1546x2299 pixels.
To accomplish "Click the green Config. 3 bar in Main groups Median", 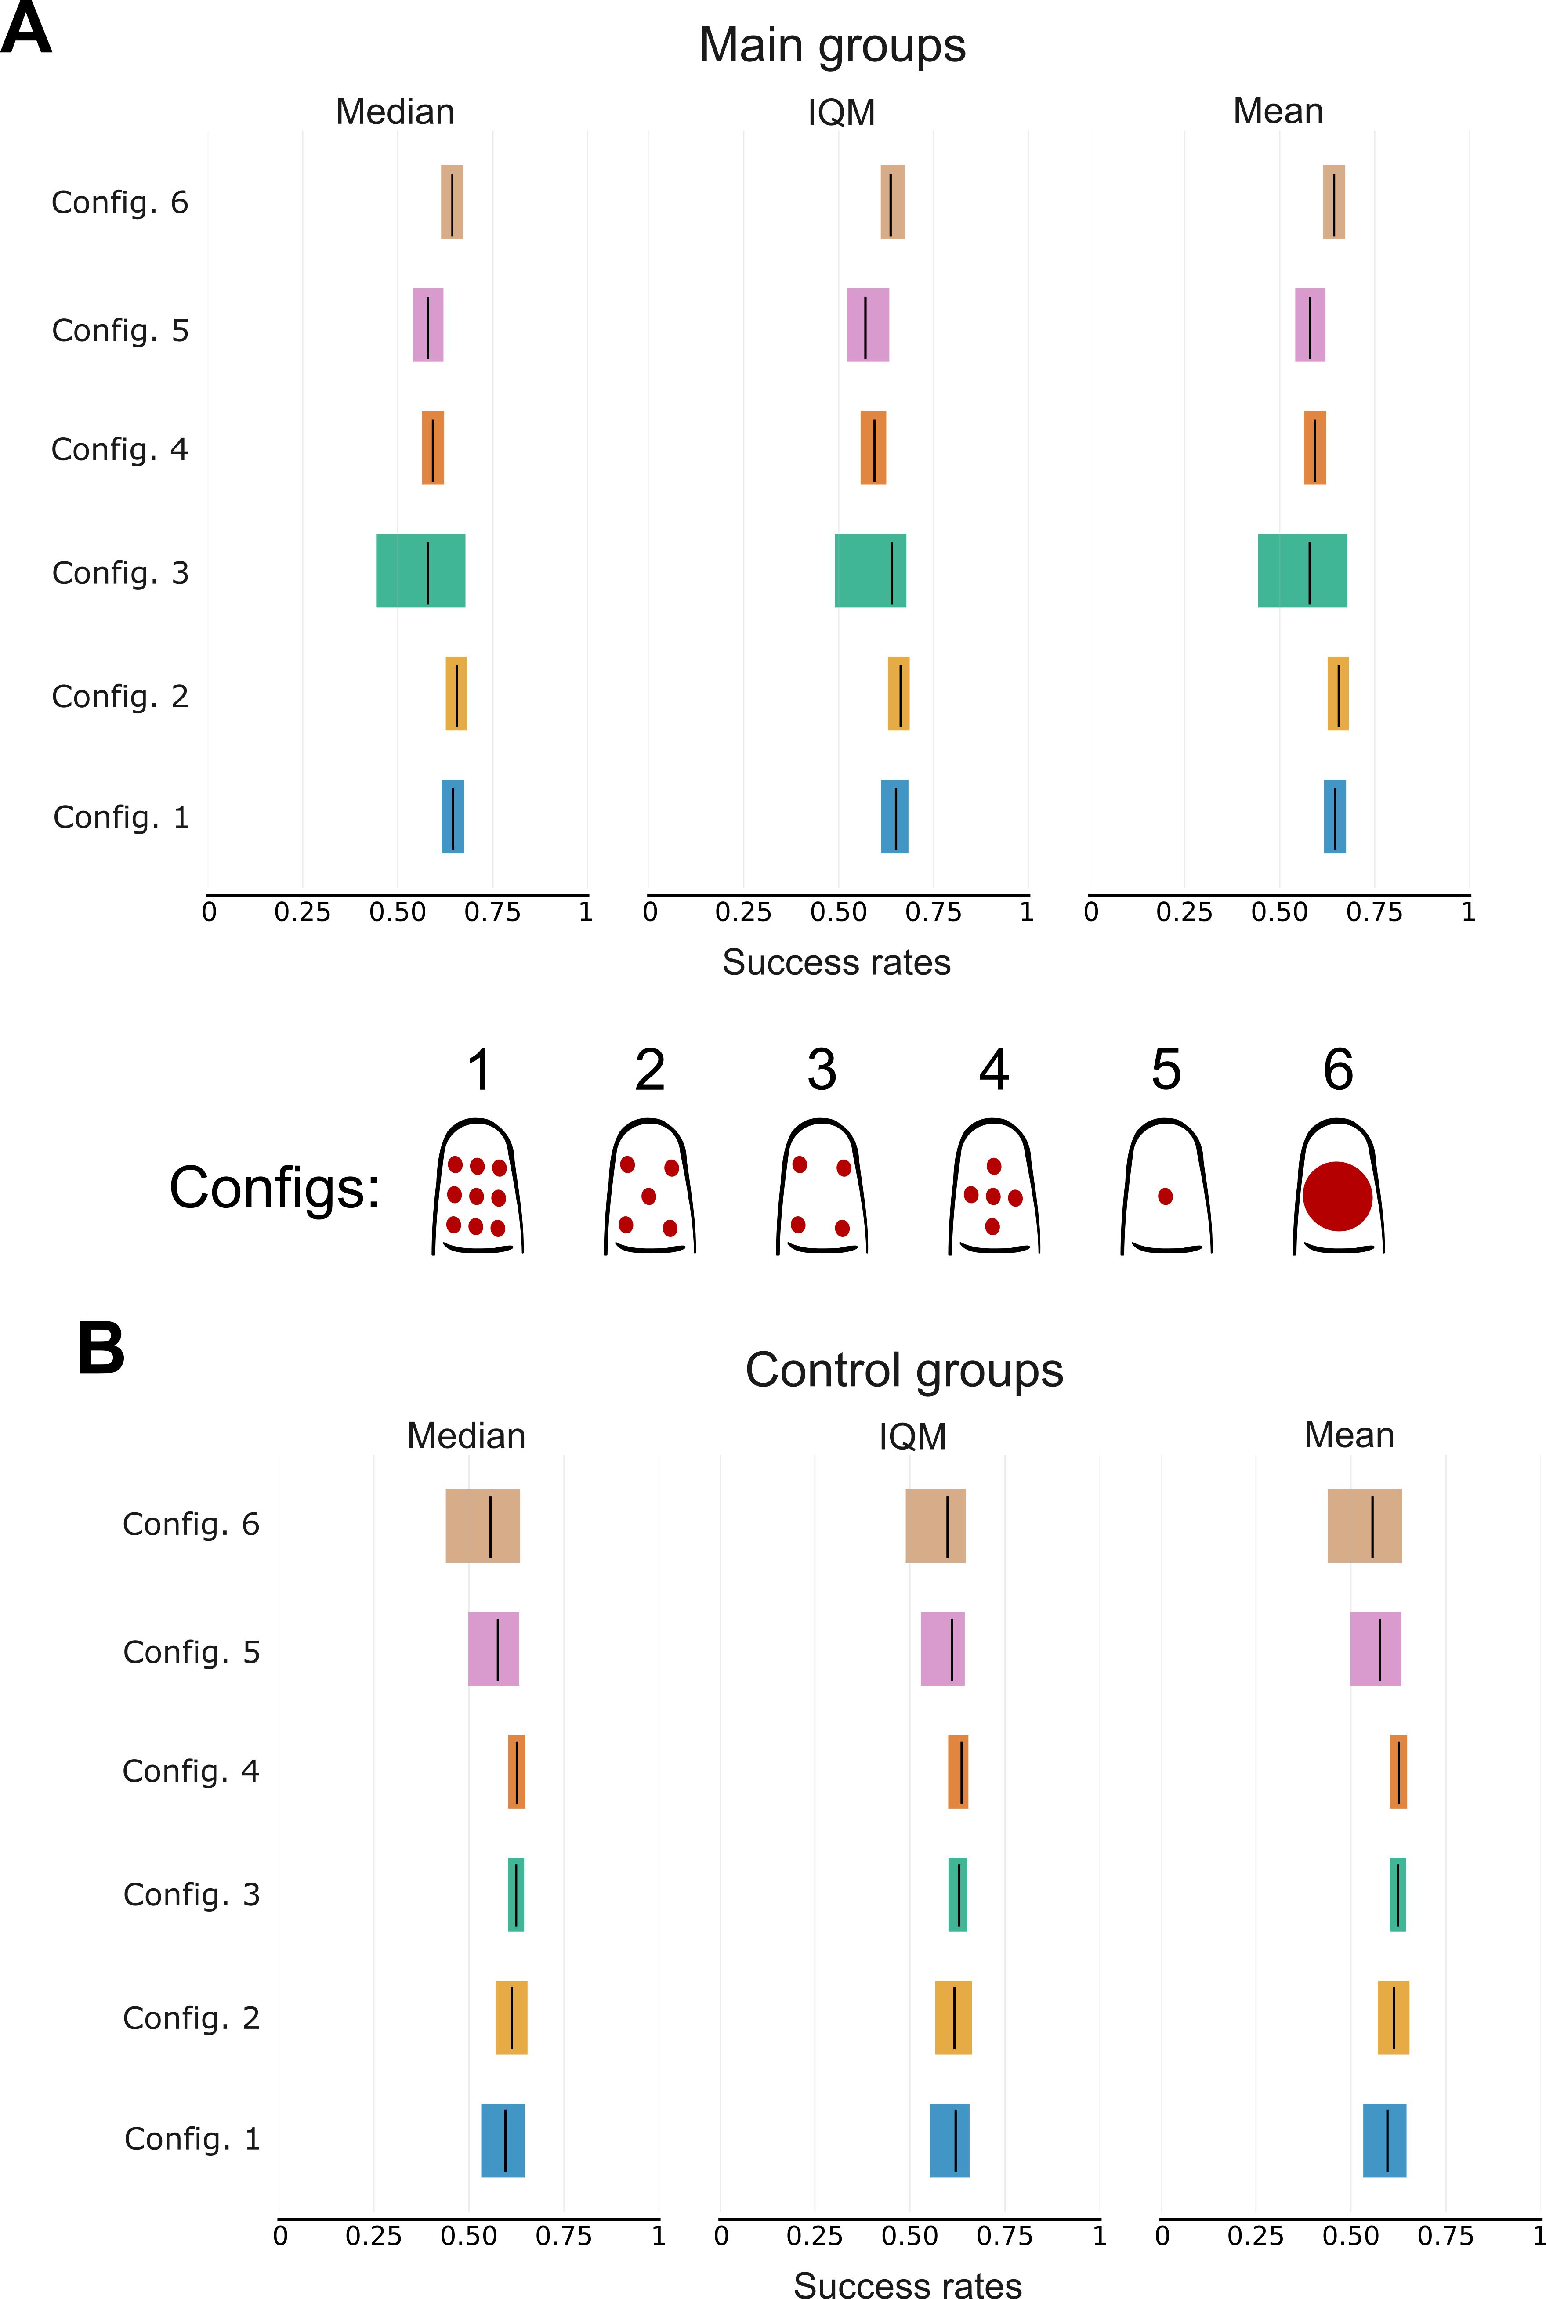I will [420, 571].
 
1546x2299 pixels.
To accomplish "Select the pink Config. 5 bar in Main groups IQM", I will [868, 325].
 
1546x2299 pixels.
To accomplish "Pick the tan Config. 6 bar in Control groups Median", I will [482, 1526].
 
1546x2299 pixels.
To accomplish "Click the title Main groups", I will [832, 45].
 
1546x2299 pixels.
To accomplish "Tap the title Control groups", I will [904, 1370].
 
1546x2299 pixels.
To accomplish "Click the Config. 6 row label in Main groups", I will [119, 203].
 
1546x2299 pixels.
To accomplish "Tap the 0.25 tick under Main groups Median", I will [302, 912].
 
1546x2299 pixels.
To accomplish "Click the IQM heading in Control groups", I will [912, 1436].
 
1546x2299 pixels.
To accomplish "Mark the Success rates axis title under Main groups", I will [836, 962].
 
